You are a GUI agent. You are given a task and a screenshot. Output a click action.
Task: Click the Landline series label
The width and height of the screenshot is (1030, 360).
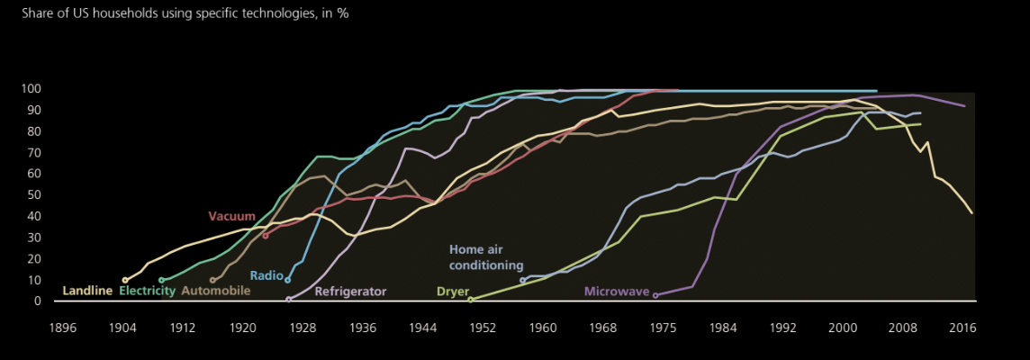[x=87, y=291]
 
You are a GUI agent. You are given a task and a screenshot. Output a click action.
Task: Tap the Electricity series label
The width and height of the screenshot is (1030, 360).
[x=147, y=291]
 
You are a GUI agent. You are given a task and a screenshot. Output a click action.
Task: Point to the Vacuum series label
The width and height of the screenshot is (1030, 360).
[x=231, y=216]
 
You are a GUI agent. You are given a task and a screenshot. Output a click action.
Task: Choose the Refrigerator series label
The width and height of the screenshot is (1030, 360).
[x=350, y=291]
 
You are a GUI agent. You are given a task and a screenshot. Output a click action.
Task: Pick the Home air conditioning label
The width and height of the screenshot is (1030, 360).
[x=486, y=257]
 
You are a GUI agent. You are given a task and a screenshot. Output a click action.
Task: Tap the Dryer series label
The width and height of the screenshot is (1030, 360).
[x=452, y=291]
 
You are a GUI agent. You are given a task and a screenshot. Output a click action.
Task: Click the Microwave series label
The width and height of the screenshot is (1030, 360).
[x=616, y=291]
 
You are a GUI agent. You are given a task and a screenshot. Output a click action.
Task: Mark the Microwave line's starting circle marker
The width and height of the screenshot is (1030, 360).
[x=655, y=295]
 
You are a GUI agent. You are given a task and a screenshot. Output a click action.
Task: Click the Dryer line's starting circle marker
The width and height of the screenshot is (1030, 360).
[x=470, y=300]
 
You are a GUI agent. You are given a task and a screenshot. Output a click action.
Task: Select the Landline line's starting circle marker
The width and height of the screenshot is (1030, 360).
[x=125, y=280]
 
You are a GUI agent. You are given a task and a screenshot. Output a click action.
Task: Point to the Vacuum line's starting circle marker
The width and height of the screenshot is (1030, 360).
[x=266, y=236]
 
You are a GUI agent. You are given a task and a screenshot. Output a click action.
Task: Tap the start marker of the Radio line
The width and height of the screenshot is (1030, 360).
[x=288, y=280]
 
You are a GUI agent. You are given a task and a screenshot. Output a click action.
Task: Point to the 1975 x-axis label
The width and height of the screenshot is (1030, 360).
[x=663, y=329]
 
